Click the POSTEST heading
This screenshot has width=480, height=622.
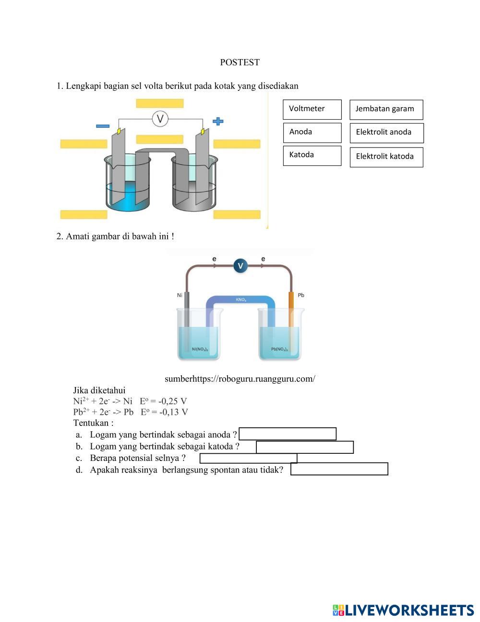pos(240,62)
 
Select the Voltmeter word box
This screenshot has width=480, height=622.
pos(312,109)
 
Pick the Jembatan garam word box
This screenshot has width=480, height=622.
pos(386,110)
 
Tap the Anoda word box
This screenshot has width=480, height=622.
pos(312,132)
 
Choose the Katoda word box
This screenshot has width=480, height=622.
pos(312,155)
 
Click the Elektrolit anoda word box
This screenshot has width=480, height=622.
pos(386,133)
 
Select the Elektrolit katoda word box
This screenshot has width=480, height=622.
pos(386,157)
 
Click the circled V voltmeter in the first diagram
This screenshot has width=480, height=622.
pos(160,119)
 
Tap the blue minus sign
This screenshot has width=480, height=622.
pos(103,126)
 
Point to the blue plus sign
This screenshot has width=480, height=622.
pos(218,121)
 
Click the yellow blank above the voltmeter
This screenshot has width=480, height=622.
pos(160,103)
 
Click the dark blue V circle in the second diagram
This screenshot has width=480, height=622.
pos(240,265)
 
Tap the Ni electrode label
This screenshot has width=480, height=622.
pos(180,295)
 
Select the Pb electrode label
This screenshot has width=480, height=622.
pos(301,295)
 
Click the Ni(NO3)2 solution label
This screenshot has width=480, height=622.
pos(200,349)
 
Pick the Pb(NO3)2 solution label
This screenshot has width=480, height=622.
pos(279,349)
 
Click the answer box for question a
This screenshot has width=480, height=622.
pos(288,434)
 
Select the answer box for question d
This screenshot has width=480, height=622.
pos(339,469)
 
